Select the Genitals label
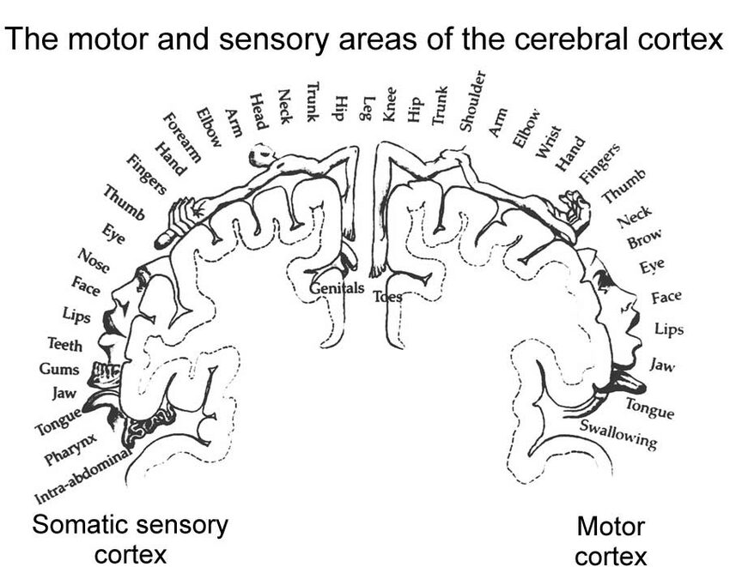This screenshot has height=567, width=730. [338, 289]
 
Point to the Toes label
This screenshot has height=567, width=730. [387, 297]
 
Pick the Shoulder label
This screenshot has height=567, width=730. [472, 102]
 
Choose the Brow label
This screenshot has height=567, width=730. [643, 240]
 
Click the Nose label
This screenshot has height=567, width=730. [93, 258]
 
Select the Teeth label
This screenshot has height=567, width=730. [65, 345]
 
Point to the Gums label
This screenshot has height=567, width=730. [59, 369]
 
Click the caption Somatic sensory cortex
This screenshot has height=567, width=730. [131, 539]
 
